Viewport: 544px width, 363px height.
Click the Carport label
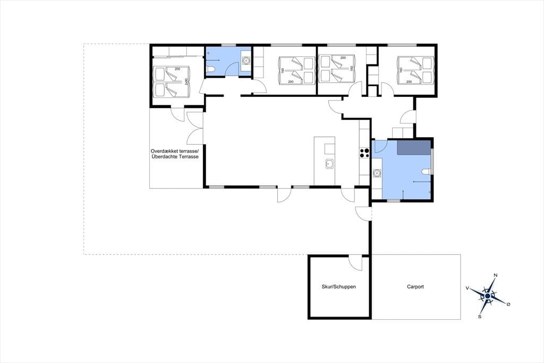click(x=415, y=287)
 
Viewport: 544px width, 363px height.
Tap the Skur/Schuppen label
click(x=338, y=287)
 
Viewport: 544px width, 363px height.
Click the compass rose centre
click(x=488, y=295)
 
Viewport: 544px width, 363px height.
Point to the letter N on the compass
click(x=496, y=275)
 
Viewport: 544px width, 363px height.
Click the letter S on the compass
click(x=480, y=317)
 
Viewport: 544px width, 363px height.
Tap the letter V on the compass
click(x=467, y=288)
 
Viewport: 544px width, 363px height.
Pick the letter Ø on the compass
click(x=508, y=304)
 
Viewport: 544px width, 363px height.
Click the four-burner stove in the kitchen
click(x=364, y=153)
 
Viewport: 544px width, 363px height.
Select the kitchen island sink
click(x=329, y=164)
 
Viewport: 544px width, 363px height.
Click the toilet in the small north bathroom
click(x=210, y=71)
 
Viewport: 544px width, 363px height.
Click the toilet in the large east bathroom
click(x=427, y=171)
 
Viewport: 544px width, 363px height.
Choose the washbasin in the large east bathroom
click(x=377, y=172)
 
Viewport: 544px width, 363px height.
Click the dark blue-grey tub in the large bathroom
click(x=414, y=147)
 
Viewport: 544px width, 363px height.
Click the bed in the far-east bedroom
click(x=415, y=70)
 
